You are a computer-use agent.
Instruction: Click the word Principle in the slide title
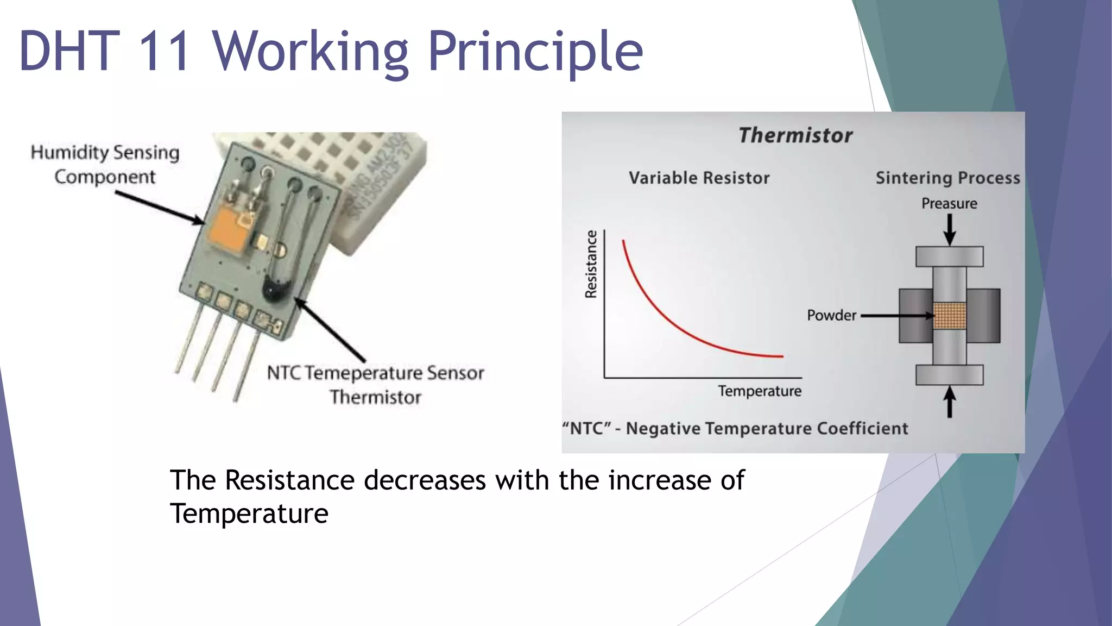[x=535, y=52]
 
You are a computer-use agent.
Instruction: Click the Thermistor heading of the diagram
[x=795, y=135]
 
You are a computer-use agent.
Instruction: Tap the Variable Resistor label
[x=699, y=178]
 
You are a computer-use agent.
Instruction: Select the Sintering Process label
[x=947, y=178]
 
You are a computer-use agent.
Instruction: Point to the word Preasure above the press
[x=949, y=204]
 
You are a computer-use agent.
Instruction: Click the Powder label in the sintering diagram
[x=831, y=315]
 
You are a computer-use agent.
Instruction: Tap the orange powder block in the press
[x=949, y=316]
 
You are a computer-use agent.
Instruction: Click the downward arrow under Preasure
[x=949, y=229]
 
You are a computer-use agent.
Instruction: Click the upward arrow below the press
[x=949, y=402]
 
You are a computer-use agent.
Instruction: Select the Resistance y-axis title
[x=591, y=264]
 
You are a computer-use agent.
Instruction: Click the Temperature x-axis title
[x=759, y=391]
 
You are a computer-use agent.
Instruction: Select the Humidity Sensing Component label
[x=105, y=164]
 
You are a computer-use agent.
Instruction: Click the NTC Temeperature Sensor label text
[x=375, y=373]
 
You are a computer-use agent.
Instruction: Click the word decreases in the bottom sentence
[x=425, y=480]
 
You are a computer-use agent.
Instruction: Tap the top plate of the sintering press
[x=949, y=256]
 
